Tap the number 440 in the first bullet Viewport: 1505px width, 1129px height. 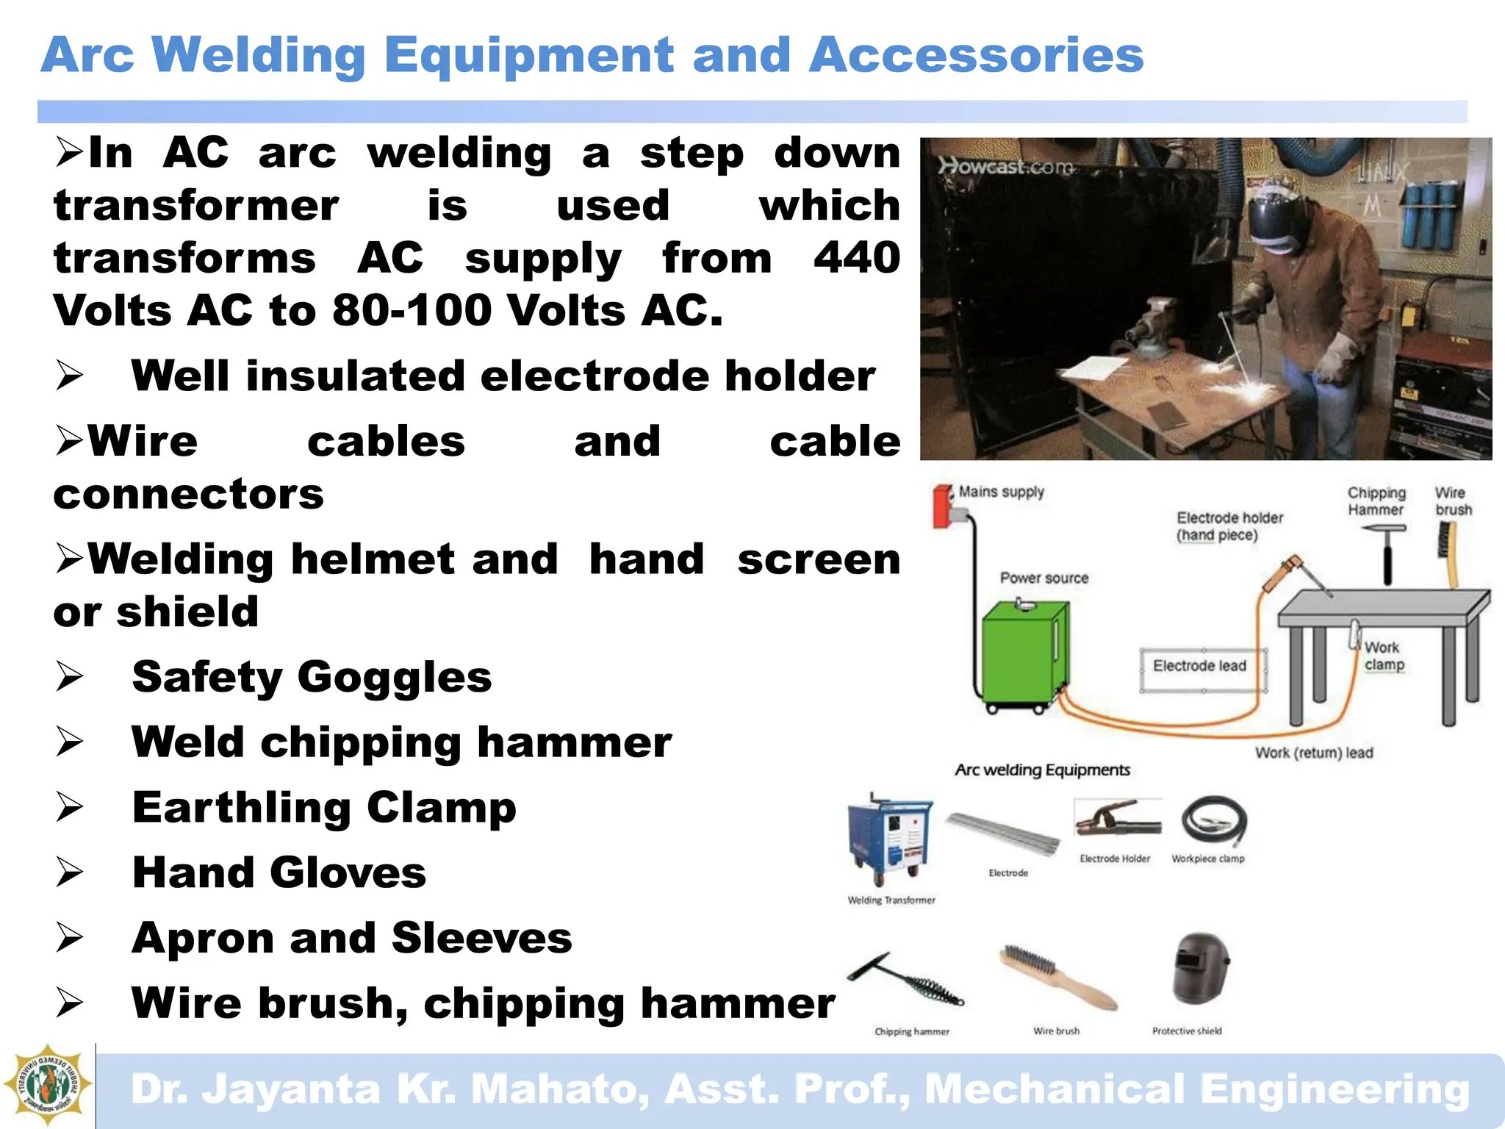click(x=856, y=257)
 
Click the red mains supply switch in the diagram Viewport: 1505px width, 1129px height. click(x=941, y=506)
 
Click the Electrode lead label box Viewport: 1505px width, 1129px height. click(x=1199, y=666)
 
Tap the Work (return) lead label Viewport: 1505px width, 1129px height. click(x=1313, y=753)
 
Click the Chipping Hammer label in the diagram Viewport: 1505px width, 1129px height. click(x=1376, y=501)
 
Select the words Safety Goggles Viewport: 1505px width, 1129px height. click(x=312, y=676)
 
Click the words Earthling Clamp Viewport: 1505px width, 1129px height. click(x=323, y=807)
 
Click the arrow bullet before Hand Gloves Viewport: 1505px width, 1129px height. click(x=71, y=873)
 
